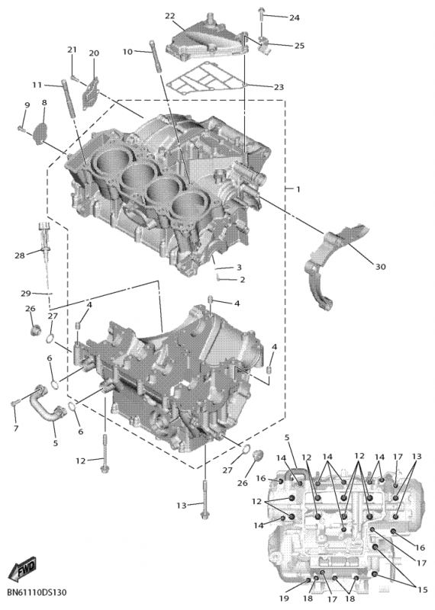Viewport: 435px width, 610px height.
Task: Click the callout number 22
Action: click(x=169, y=16)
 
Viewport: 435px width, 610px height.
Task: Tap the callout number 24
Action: click(x=294, y=17)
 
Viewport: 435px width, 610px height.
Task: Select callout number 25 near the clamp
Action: click(x=299, y=46)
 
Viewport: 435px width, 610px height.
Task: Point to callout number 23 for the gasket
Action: click(x=278, y=87)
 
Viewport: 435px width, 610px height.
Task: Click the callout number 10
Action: click(x=127, y=51)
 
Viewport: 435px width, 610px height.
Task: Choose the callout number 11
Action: click(x=37, y=84)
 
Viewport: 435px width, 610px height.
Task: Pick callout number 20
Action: click(x=94, y=53)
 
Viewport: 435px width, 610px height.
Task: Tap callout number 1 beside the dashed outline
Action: click(x=298, y=188)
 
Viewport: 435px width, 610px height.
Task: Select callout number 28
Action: click(x=19, y=254)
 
